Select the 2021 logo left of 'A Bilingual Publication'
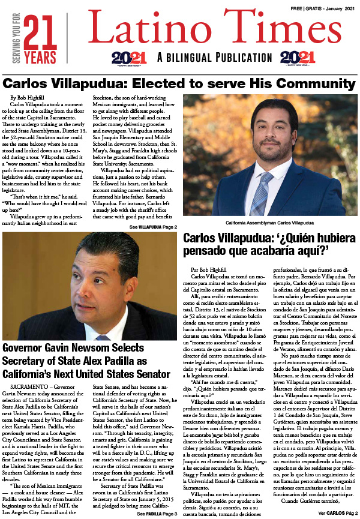129,58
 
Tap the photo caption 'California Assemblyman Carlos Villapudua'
270,223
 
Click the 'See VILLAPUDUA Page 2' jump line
152,227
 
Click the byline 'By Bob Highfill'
28,97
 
